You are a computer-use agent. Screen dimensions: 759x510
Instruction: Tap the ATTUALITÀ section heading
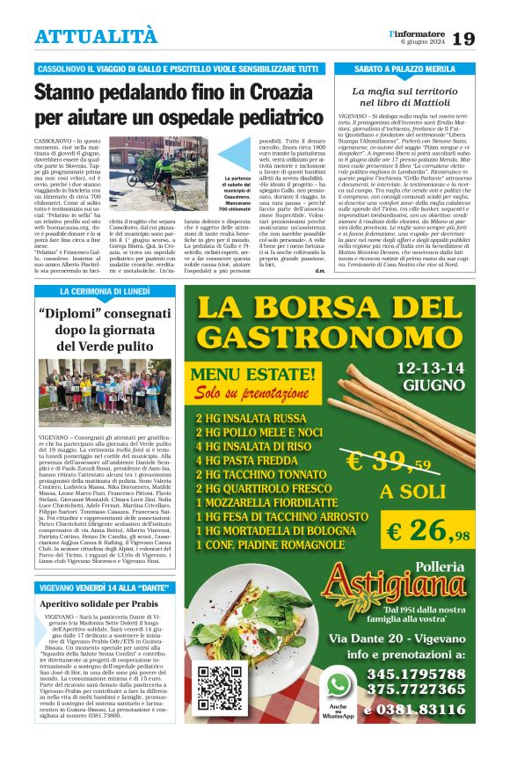[x=96, y=36]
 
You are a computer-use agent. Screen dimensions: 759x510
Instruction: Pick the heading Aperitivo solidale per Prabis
[x=98, y=604]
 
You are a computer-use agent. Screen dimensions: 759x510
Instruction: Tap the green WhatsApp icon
[x=339, y=682]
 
